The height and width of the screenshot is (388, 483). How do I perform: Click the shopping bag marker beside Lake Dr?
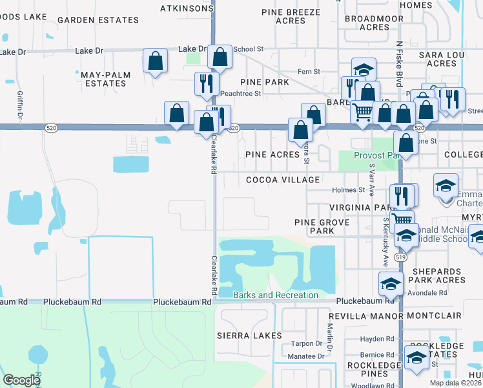(156, 61)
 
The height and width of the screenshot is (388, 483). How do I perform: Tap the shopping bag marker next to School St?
(220, 57)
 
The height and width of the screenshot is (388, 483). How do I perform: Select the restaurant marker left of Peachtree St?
(207, 84)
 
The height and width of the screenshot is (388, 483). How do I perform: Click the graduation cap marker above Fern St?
(364, 70)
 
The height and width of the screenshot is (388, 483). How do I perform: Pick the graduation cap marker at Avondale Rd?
(391, 284)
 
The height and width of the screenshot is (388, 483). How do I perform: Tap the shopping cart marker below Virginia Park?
(402, 220)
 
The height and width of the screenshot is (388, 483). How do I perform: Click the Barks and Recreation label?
(276, 296)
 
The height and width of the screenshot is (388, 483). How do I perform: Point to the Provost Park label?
(377, 156)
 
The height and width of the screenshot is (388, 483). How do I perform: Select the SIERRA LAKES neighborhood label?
(249, 336)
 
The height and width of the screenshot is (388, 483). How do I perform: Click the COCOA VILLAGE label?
(282, 179)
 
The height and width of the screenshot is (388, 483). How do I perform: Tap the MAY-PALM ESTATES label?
(106, 80)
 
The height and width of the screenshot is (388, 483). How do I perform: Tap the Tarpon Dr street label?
(307, 343)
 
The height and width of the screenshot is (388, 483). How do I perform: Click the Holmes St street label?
(349, 190)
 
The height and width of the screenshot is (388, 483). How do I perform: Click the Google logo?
(21, 380)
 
